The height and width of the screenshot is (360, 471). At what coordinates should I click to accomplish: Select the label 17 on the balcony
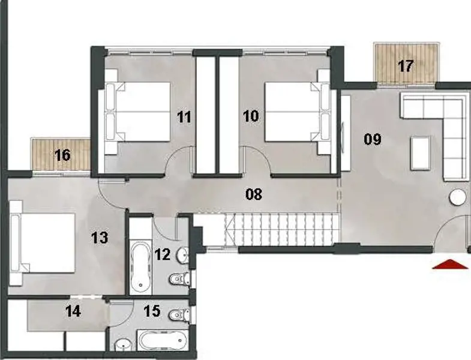coord(406,65)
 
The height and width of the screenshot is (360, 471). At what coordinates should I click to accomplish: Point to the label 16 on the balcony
coord(62,155)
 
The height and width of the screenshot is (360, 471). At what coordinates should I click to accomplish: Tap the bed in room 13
coord(44,242)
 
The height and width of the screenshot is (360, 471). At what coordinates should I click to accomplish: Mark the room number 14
coord(73,311)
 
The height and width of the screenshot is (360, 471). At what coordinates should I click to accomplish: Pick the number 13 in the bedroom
coord(99,237)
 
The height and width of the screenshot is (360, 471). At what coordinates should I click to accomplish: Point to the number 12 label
coord(163,254)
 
